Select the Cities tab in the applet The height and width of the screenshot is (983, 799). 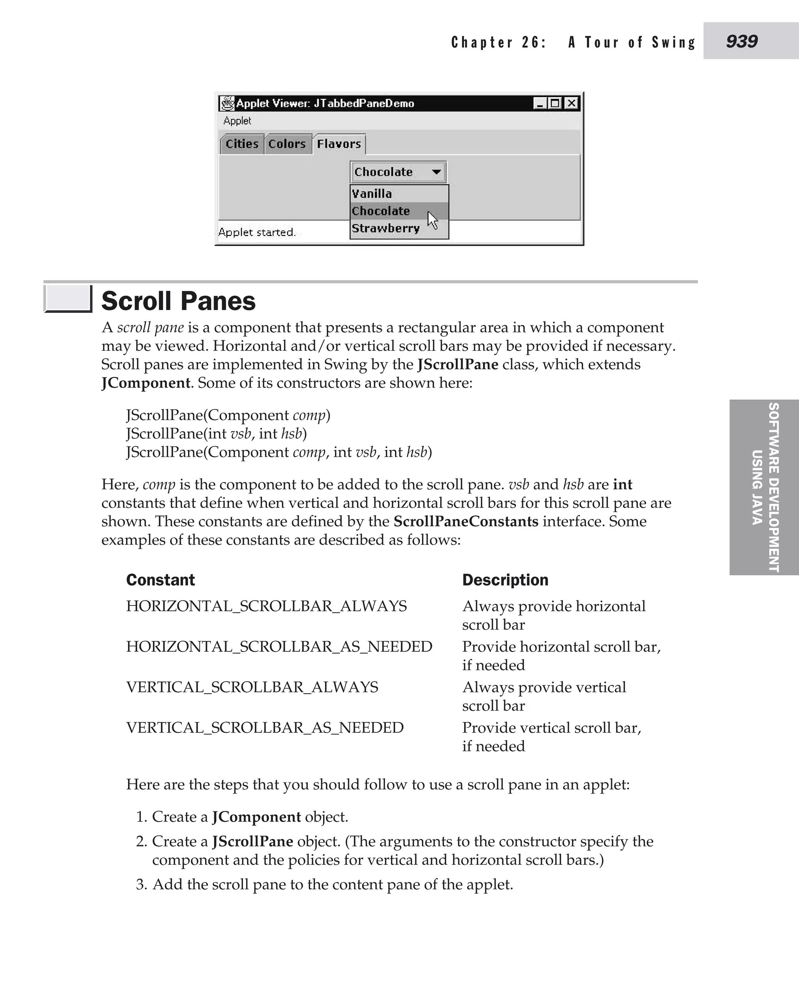click(241, 144)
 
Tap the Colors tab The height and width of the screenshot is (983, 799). click(287, 144)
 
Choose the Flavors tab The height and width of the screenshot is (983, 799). click(339, 144)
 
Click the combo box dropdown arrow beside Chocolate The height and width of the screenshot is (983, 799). click(436, 172)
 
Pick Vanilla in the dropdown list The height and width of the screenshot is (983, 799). click(372, 194)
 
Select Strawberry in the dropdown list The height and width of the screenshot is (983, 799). click(386, 229)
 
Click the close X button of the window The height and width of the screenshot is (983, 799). click(571, 103)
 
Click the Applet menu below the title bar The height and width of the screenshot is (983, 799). click(237, 121)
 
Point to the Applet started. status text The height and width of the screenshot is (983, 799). click(257, 232)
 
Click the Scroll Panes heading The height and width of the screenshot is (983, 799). click(178, 302)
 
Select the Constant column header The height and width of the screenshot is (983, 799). click(160, 580)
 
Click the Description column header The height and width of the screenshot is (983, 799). click(505, 580)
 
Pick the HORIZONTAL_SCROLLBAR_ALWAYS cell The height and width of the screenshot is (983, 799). click(266, 607)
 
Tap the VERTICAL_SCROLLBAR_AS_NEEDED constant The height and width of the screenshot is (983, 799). click(265, 728)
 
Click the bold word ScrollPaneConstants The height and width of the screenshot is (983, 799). click(466, 522)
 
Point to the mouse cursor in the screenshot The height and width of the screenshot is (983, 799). click(433, 220)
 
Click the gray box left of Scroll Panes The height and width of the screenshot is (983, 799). click(67, 299)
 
